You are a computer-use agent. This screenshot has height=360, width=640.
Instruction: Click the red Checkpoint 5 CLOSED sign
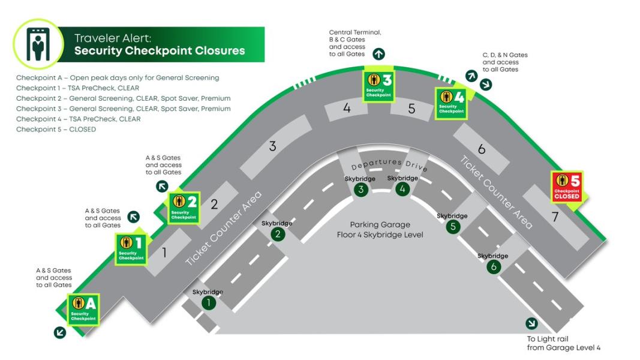pyautogui.click(x=567, y=187)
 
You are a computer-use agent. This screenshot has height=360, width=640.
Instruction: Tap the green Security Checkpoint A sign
pyautogui.click(x=83, y=309)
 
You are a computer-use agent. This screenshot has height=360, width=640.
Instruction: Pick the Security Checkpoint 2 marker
pyautogui.click(x=184, y=208)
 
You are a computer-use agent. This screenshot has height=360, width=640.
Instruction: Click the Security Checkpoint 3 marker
pyautogui.click(x=378, y=85)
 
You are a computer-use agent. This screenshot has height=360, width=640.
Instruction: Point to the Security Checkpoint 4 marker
pyautogui.click(x=451, y=102)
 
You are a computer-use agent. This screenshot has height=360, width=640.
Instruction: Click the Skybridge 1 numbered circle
pyautogui.click(x=208, y=303)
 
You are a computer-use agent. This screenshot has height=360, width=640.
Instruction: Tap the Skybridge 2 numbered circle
pyautogui.click(x=277, y=234)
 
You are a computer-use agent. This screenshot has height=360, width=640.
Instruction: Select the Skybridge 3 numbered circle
pyautogui.click(x=360, y=190)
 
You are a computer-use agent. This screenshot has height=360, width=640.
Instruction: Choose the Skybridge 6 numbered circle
pyautogui.click(x=494, y=267)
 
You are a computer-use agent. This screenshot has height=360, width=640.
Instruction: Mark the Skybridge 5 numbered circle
pyautogui.click(x=453, y=227)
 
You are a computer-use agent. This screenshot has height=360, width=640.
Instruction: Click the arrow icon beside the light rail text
pyautogui.click(x=531, y=323)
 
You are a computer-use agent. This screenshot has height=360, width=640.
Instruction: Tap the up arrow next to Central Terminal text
pyautogui.click(x=378, y=54)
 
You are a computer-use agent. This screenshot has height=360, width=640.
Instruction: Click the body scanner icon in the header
pyautogui.click(x=37, y=44)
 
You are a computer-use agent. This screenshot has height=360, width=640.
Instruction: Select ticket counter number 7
pyautogui.click(x=555, y=217)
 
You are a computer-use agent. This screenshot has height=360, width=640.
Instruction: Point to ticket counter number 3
pyautogui.click(x=272, y=146)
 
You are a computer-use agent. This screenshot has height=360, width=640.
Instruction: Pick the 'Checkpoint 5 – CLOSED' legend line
pyautogui.click(x=56, y=129)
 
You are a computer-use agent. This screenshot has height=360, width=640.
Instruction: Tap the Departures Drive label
pyautogui.click(x=390, y=165)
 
